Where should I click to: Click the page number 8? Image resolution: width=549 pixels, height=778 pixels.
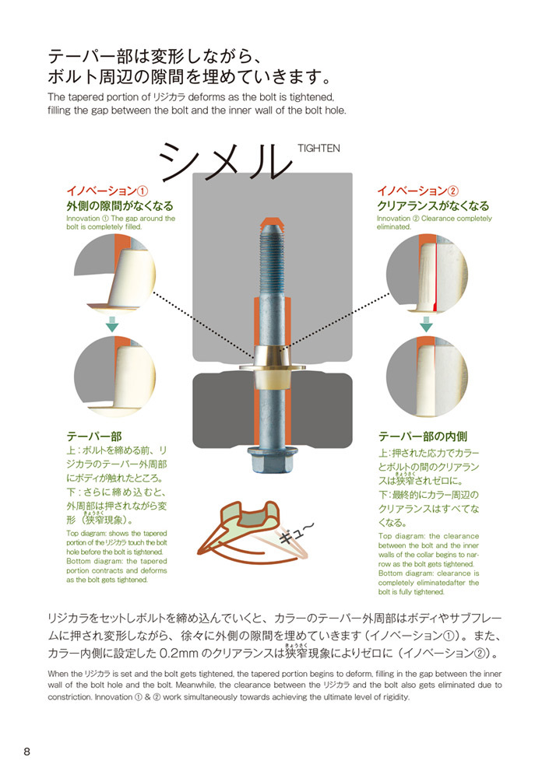tap(27, 752)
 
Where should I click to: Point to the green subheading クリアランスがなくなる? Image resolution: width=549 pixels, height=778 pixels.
tap(433, 206)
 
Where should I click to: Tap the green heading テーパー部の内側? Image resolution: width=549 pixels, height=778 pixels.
tap(423, 436)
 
